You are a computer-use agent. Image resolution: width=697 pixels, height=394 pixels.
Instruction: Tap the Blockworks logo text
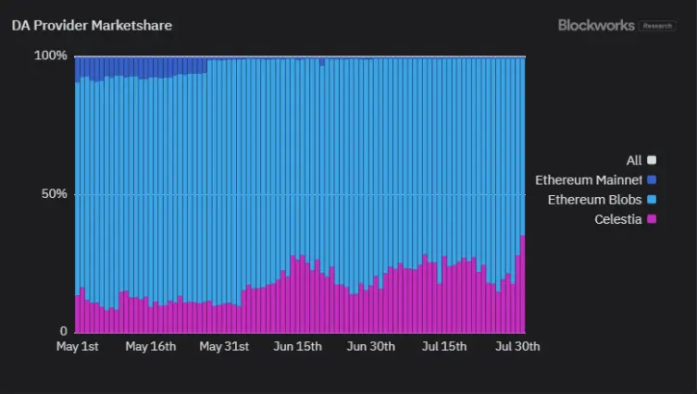(x=596, y=26)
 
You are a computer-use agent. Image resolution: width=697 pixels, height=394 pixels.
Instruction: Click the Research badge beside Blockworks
(x=657, y=26)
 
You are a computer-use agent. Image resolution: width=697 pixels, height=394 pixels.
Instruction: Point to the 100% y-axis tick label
(x=51, y=55)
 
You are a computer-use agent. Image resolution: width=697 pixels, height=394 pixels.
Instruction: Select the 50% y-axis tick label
(x=54, y=194)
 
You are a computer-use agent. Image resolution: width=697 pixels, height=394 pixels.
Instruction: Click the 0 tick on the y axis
(x=64, y=331)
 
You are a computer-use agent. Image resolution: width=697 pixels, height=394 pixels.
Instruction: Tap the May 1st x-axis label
(x=78, y=347)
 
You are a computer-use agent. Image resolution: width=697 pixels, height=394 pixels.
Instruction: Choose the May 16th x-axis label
(x=151, y=347)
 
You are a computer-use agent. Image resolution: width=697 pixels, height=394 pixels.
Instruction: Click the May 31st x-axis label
(x=224, y=347)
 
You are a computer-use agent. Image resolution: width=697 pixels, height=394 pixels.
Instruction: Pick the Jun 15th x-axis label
(x=297, y=347)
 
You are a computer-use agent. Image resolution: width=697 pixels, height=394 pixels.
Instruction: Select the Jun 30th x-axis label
(x=371, y=347)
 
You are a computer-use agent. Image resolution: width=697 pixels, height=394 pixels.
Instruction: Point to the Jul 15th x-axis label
(x=443, y=347)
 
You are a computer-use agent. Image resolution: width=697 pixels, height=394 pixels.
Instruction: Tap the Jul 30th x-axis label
(x=516, y=347)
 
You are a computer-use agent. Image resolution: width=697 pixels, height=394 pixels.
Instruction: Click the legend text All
(x=634, y=161)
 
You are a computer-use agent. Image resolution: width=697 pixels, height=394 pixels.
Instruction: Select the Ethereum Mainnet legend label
(x=589, y=179)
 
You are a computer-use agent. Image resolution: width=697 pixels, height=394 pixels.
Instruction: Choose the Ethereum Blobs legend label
(x=594, y=200)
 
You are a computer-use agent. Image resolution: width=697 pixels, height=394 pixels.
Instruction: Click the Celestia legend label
(x=617, y=219)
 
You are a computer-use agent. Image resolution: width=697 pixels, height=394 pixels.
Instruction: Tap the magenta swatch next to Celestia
(x=652, y=219)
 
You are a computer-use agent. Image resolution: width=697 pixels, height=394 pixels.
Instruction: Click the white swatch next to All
(x=652, y=161)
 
